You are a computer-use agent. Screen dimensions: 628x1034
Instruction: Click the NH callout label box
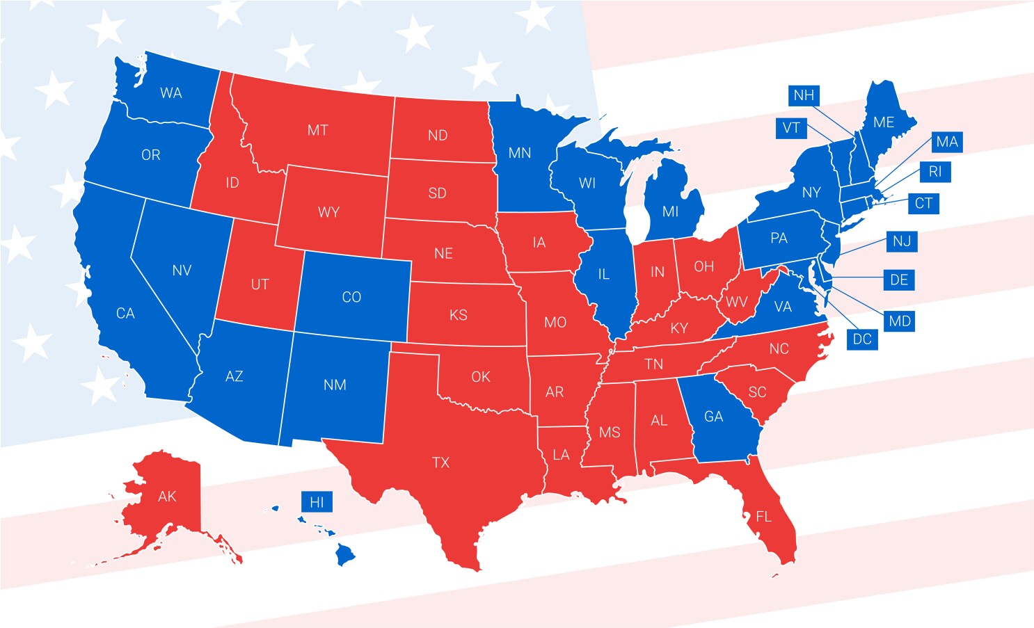point(804,95)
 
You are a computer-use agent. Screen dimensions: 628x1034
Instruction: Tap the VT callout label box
point(791,128)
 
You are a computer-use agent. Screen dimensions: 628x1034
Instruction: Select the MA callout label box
point(947,142)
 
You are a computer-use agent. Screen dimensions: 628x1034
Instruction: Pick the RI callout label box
point(935,172)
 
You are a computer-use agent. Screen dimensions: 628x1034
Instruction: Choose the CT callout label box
point(923,203)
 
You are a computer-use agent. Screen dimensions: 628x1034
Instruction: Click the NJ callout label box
point(902,241)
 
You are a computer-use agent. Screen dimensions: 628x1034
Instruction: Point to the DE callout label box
point(899,280)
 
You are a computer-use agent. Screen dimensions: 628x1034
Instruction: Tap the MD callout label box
point(900,321)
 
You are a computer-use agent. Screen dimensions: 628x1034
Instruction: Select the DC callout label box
point(862,339)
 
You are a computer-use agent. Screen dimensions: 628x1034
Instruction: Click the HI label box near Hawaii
point(317,502)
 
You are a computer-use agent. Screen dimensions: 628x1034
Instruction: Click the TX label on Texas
point(440,462)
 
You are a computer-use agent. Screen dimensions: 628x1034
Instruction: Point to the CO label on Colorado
point(351,297)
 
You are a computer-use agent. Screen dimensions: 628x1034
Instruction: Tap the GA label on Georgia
point(714,417)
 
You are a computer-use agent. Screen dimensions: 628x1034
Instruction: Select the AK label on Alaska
point(167,496)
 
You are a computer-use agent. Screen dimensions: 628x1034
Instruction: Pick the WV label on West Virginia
point(736,302)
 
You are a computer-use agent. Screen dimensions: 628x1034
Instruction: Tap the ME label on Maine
point(884,122)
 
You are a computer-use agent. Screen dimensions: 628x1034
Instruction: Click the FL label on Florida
point(764,516)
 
